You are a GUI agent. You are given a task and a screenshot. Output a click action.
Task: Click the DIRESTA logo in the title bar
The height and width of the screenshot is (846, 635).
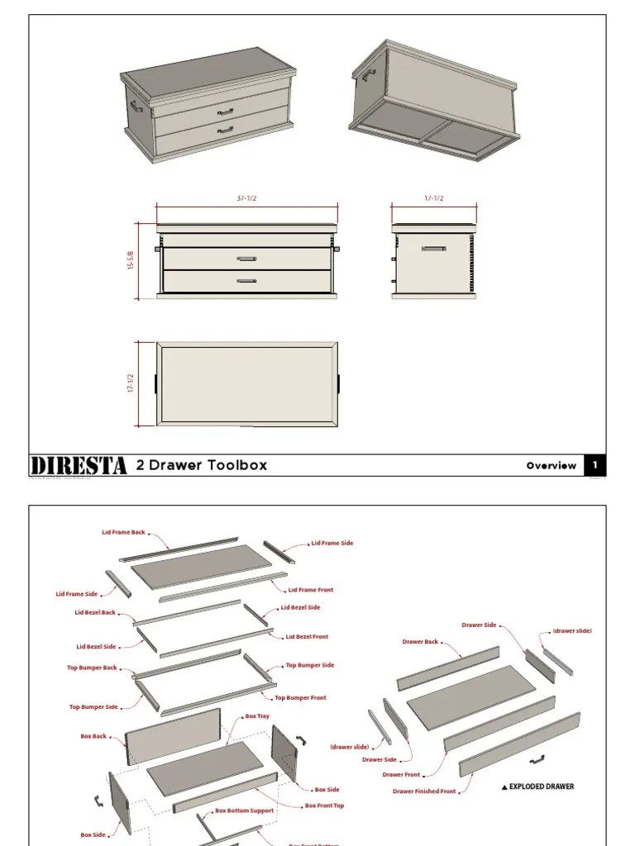(79, 465)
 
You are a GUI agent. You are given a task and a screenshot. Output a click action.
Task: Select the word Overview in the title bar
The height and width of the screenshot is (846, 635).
(551, 465)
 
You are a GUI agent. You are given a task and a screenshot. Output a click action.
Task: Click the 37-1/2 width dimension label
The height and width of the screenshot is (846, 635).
(246, 198)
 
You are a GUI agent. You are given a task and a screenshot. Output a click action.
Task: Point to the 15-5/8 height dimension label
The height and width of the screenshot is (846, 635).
(130, 260)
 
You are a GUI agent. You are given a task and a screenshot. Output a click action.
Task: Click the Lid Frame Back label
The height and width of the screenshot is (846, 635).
(123, 533)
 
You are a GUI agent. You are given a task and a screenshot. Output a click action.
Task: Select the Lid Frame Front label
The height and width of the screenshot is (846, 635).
(311, 590)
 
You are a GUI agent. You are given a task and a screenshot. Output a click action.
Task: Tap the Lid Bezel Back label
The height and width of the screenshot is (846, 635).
(96, 613)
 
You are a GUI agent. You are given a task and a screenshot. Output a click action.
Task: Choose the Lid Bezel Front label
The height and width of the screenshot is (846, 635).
(307, 637)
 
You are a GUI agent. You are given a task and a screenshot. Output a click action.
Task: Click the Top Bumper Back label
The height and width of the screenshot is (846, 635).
(92, 668)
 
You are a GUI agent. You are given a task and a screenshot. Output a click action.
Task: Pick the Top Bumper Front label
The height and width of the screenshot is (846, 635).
(301, 698)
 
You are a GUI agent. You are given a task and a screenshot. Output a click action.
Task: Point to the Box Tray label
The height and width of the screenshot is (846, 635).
(257, 716)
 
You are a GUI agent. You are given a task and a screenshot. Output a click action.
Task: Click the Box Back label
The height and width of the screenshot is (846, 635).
(93, 736)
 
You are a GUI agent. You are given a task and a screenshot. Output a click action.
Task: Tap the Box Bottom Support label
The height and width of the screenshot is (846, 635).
(244, 811)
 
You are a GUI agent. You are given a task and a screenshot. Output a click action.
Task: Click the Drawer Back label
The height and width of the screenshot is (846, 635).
(420, 642)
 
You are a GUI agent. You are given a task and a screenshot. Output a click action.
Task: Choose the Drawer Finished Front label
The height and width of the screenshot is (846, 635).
(424, 791)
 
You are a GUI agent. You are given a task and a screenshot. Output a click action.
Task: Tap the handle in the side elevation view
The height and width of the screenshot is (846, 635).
(433, 248)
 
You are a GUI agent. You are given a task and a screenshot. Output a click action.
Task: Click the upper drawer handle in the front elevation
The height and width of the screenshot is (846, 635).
(246, 259)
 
